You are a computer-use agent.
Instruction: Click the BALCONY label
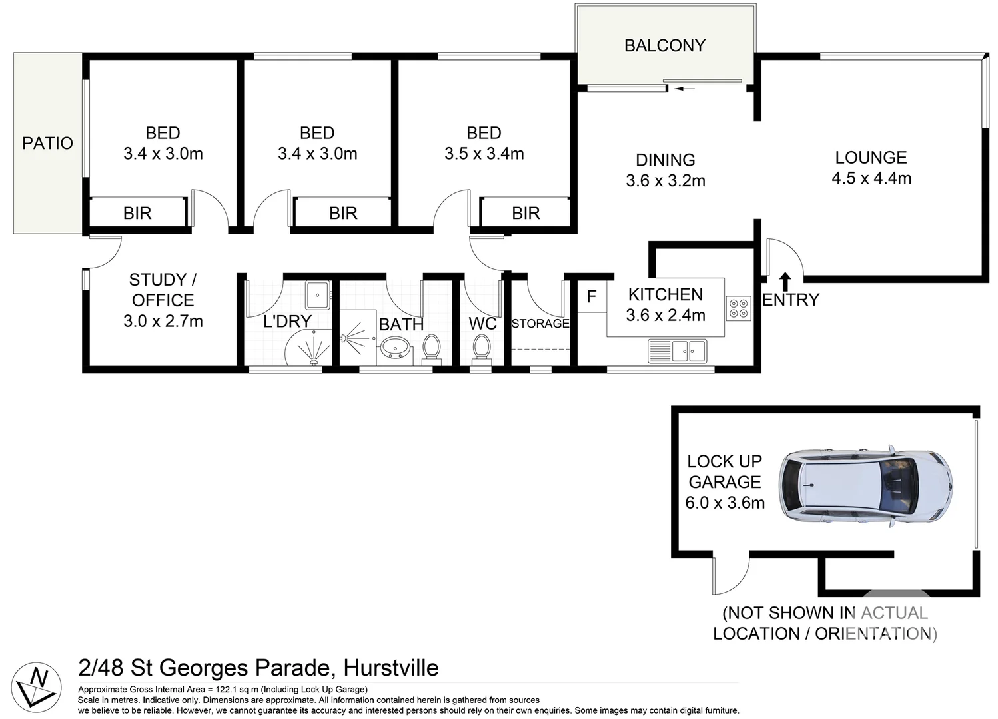tap(665, 45)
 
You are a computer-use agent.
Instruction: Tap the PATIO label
tap(48, 143)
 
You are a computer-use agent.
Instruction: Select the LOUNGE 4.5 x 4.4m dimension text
tap(871, 178)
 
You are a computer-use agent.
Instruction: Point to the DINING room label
tap(665, 160)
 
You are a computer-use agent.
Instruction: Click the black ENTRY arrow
tap(785, 282)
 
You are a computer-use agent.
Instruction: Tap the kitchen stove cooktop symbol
tap(738, 308)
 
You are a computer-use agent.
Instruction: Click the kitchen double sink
tap(677, 352)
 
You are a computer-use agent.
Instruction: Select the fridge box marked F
tap(592, 296)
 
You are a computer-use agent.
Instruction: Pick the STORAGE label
tap(540, 324)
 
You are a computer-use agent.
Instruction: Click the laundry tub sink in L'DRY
tap(317, 295)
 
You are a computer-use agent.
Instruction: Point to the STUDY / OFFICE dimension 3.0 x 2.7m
tap(163, 321)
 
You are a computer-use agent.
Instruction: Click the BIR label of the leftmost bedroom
tap(137, 213)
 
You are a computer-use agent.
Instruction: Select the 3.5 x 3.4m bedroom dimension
tap(484, 154)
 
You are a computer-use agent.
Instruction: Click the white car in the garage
tap(865, 486)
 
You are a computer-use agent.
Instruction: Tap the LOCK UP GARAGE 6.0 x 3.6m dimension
tap(725, 503)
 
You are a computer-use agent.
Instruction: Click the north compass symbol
tap(36, 687)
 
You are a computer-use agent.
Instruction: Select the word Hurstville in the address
tap(391, 668)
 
